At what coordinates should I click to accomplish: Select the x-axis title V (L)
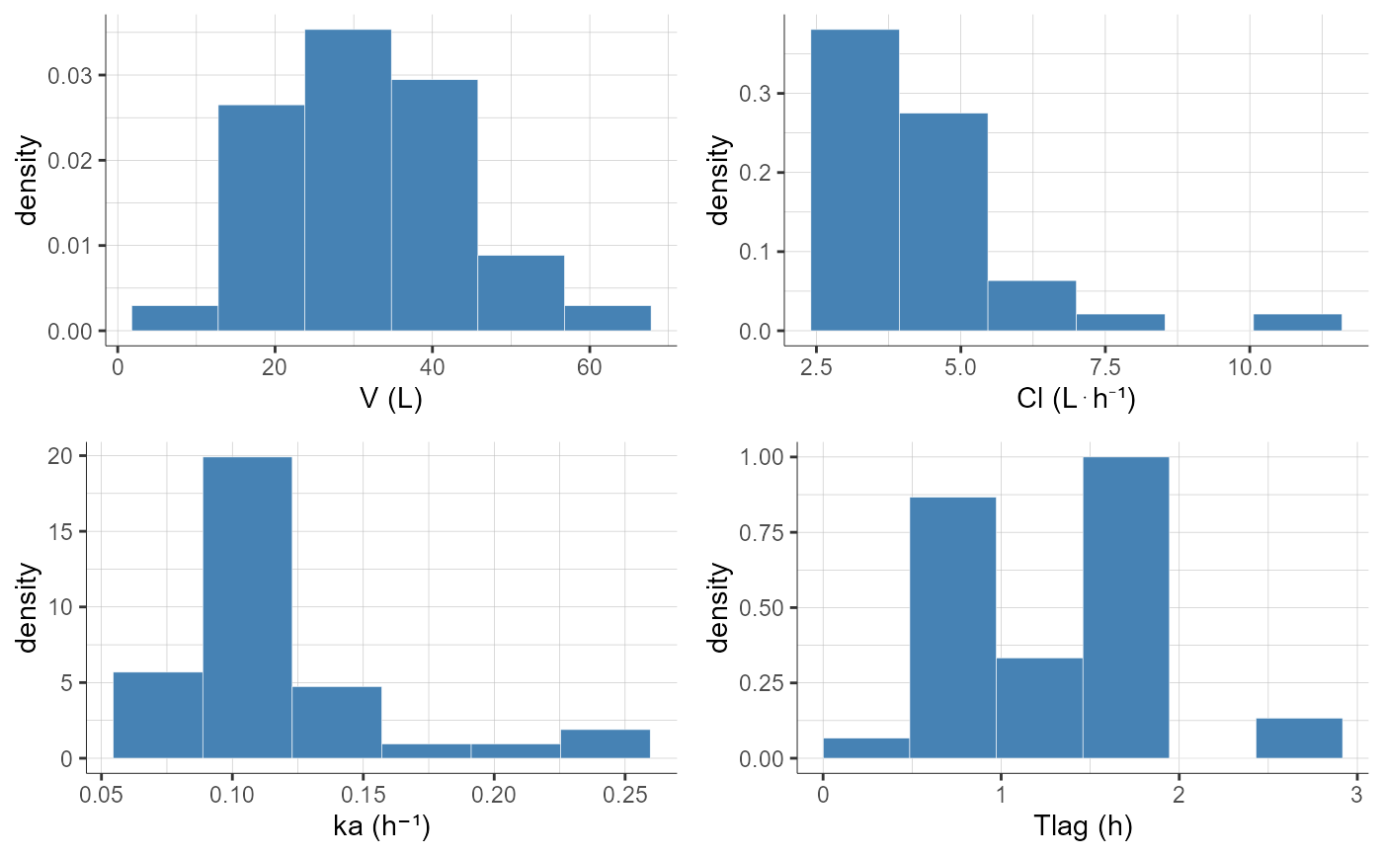pyautogui.click(x=390, y=401)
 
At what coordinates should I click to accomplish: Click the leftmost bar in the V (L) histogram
pyautogui.click(x=174, y=318)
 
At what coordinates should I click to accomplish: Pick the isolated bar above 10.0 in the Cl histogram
pyautogui.click(x=1297, y=322)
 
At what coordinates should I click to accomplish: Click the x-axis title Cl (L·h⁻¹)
pyautogui.click(x=1076, y=401)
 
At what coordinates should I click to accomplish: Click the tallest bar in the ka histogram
pyautogui.click(x=247, y=607)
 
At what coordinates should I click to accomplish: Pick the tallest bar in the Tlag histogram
pyautogui.click(x=1125, y=607)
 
